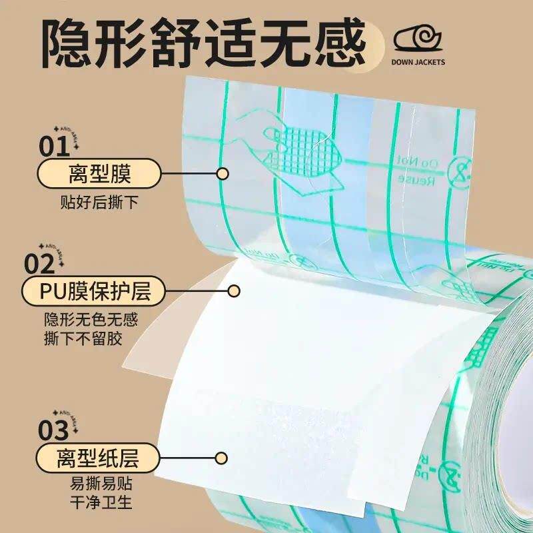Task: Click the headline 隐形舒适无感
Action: pos(203,41)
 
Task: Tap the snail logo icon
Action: pos(417,39)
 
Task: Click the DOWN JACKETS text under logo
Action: pos(418,63)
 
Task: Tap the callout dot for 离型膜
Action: pos(223,175)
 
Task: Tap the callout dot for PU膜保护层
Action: pos(234,291)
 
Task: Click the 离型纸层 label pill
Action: pos(99,458)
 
